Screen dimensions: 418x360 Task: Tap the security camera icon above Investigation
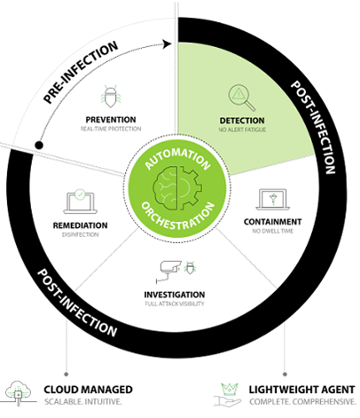click(173, 269)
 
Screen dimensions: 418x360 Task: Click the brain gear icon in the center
click(179, 180)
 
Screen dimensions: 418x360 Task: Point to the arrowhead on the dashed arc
click(166, 41)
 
